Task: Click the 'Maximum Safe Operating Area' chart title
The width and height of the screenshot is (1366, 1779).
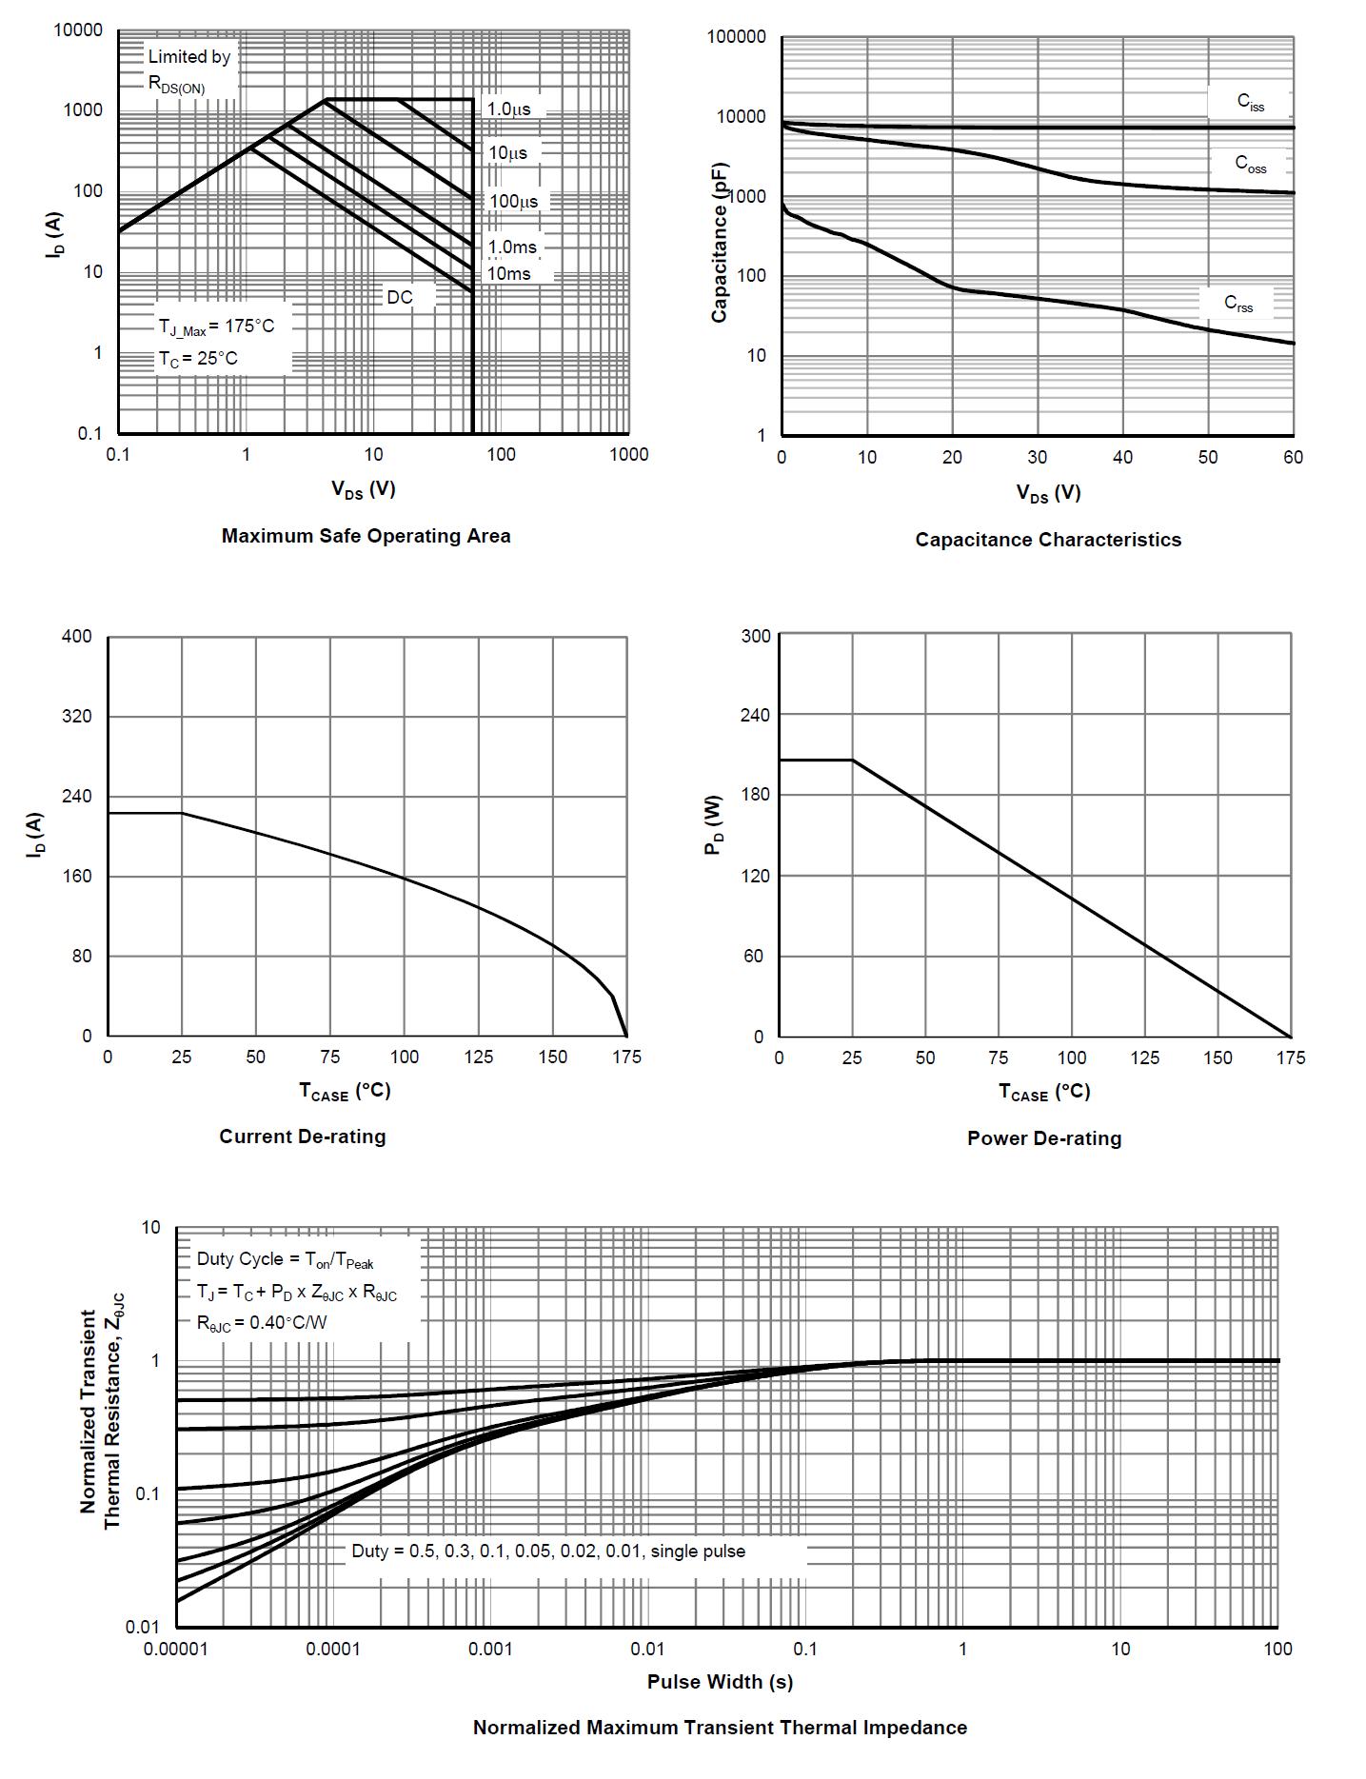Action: tap(366, 536)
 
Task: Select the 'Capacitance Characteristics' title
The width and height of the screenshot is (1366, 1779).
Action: tap(1048, 540)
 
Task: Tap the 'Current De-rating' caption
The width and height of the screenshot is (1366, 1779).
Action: tap(303, 1137)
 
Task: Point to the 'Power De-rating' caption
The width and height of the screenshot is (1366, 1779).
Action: tap(1044, 1138)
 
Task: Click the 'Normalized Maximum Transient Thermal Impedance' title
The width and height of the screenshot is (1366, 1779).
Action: tap(720, 1728)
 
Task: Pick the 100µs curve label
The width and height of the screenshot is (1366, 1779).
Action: tap(514, 202)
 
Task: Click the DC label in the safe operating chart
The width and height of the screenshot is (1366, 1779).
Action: tap(400, 298)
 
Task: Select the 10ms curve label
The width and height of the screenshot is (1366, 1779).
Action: tap(509, 274)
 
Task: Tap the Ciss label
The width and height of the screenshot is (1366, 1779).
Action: tap(1251, 102)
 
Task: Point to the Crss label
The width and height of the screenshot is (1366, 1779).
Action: tap(1238, 304)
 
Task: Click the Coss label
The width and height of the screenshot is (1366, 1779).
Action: tap(1251, 164)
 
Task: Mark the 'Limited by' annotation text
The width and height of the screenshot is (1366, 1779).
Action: tap(189, 57)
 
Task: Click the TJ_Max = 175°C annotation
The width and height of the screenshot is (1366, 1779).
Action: tap(216, 326)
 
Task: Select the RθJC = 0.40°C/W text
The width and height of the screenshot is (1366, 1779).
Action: tap(262, 1323)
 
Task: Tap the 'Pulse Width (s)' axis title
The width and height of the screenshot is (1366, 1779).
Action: tap(720, 1682)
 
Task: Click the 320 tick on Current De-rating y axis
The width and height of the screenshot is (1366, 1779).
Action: tap(77, 716)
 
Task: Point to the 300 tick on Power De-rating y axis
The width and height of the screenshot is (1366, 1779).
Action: tap(756, 636)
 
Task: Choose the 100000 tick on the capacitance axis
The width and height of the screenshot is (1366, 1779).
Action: tap(737, 37)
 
